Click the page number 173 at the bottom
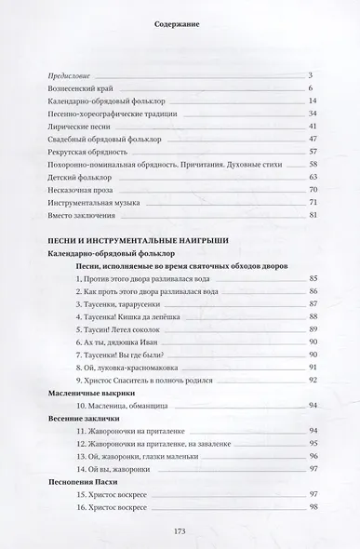(x=180, y=531)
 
